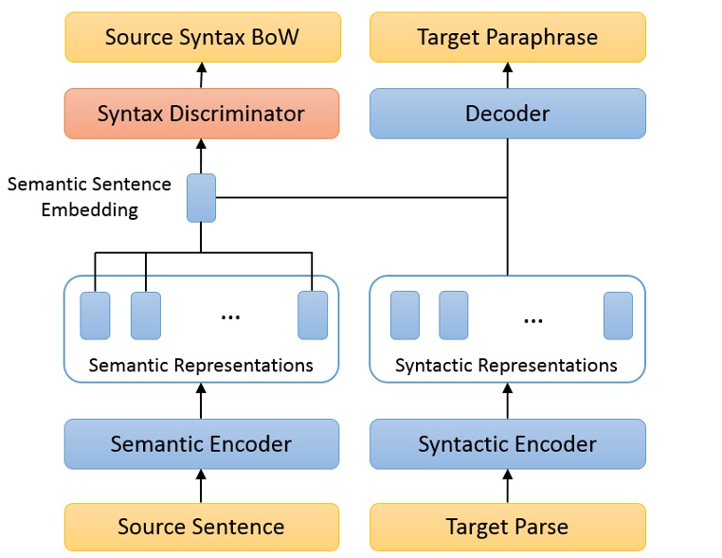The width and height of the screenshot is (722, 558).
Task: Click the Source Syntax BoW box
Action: [201, 38]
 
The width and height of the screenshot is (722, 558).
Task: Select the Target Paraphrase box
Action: [507, 38]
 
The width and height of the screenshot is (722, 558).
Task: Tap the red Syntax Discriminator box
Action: [201, 114]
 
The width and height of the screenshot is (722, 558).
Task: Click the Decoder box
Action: [507, 114]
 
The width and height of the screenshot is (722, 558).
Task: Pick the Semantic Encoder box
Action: [201, 443]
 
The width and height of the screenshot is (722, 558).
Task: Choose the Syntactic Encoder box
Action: [507, 443]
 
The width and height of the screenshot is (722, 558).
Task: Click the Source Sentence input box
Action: [201, 527]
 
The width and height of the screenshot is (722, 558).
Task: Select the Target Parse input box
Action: [507, 527]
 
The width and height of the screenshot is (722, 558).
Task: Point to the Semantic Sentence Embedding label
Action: [89, 197]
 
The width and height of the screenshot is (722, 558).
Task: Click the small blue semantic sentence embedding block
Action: [201, 198]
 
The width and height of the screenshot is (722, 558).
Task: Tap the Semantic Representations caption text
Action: [201, 365]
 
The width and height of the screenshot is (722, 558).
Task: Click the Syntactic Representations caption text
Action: [506, 365]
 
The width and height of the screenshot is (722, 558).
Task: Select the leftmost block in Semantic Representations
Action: [95, 315]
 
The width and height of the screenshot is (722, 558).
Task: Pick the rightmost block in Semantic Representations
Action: [313, 315]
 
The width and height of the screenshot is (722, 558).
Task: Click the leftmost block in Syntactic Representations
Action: [405, 315]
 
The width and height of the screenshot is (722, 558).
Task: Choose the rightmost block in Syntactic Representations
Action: [618, 315]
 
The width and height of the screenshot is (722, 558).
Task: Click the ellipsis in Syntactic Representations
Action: [532, 319]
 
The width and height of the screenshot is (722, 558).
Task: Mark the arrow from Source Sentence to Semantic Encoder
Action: [201, 486]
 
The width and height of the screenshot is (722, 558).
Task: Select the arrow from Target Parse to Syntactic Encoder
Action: [507, 486]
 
